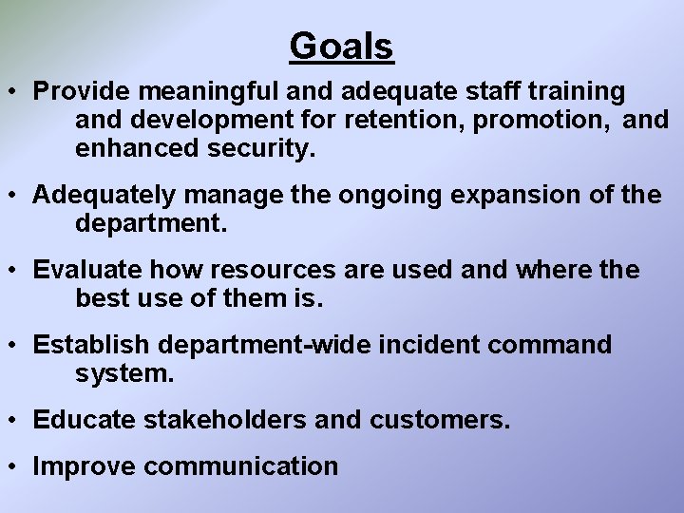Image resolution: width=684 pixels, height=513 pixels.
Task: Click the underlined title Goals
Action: (341, 46)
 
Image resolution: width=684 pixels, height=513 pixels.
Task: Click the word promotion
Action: (545, 121)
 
